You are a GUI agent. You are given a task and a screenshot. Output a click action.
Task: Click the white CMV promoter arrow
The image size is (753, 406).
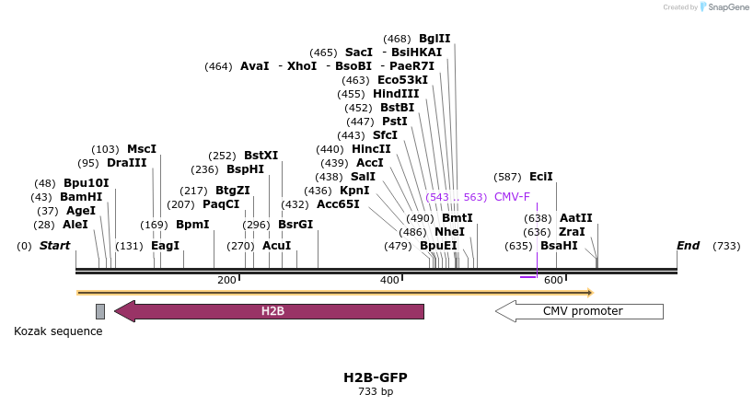tap(582, 311)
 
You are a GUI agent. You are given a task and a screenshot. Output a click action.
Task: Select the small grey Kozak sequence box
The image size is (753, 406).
tap(100, 311)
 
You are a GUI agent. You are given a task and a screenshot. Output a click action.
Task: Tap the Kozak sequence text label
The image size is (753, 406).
tap(58, 331)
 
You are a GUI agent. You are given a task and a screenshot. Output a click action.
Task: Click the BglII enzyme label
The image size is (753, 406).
tap(434, 39)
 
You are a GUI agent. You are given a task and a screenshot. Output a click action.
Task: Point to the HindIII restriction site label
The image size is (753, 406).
tap(396, 94)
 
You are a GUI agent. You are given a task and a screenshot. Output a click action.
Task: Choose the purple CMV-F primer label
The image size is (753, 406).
tap(512, 197)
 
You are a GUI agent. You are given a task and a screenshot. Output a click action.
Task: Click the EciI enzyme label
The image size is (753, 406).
tap(541, 177)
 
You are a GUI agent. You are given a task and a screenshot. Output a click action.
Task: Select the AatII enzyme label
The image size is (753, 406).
tap(576, 218)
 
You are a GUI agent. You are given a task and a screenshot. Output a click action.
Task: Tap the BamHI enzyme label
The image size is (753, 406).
tap(81, 197)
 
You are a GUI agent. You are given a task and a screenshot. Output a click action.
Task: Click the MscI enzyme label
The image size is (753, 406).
tap(142, 149)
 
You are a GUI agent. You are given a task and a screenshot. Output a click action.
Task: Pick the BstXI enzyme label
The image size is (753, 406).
tap(261, 156)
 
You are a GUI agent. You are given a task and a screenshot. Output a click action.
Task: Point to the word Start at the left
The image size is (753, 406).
tap(55, 246)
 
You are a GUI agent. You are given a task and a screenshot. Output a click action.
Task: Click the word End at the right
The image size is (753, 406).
tap(688, 246)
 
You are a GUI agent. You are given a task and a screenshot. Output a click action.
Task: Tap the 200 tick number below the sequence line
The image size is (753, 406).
tap(226, 280)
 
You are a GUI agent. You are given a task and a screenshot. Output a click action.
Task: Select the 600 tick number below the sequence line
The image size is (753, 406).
tap(553, 280)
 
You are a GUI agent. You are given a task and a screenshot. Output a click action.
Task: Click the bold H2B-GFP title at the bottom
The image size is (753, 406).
tap(376, 377)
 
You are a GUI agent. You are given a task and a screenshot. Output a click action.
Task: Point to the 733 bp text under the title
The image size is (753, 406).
tap(376, 391)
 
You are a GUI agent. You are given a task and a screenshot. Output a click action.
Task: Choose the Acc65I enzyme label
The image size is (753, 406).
tap(338, 204)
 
